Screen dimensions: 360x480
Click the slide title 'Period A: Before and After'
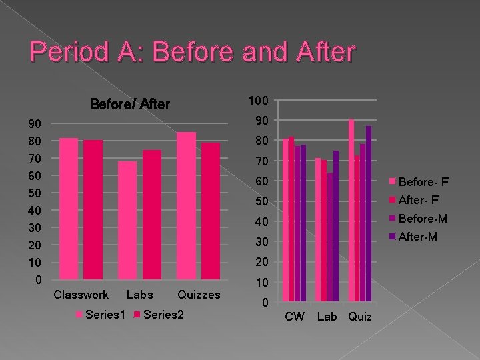click(193, 53)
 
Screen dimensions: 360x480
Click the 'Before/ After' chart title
click(130, 104)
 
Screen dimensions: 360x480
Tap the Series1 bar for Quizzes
click(186, 205)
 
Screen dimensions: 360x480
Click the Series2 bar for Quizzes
click(211, 210)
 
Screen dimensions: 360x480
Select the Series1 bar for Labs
click(127, 219)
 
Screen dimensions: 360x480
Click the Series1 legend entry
click(100, 315)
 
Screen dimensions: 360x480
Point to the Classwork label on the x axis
click(81, 295)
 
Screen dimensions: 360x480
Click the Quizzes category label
click(199, 295)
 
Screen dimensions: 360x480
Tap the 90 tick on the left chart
click(34, 124)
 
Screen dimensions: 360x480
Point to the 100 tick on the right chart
click(259, 100)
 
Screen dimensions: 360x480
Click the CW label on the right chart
click(295, 317)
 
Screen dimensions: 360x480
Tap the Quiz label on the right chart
click(360, 317)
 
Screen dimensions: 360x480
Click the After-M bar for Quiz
click(369, 213)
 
